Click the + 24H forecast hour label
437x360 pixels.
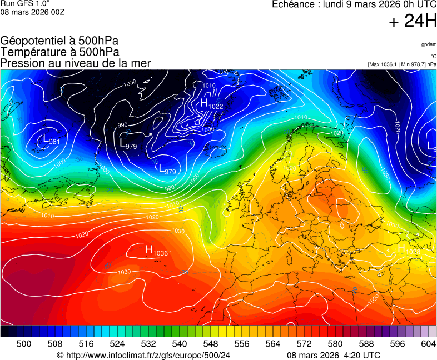(x=413, y=21)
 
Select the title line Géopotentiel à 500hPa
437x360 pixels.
(x=59, y=41)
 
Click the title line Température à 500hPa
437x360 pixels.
(x=59, y=52)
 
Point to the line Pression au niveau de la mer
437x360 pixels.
(x=76, y=63)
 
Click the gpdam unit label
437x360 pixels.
(x=429, y=44)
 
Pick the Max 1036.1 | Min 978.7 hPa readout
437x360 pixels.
(x=402, y=64)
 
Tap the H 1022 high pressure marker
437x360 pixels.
(x=211, y=104)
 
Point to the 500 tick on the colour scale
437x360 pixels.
(x=24, y=344)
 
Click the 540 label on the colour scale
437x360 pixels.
(x=180, y=344)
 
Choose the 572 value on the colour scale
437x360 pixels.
(x=304, y=344)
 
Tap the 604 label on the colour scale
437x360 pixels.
(x=429, y=344)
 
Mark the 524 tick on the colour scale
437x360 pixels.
(x=117, y=344)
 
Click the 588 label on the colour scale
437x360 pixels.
(x=366, y=344)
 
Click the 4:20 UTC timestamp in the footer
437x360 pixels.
(x=361, y=355)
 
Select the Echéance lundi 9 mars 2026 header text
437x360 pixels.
(x=354, y=4)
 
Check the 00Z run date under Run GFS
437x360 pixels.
(x=32, y=12)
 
